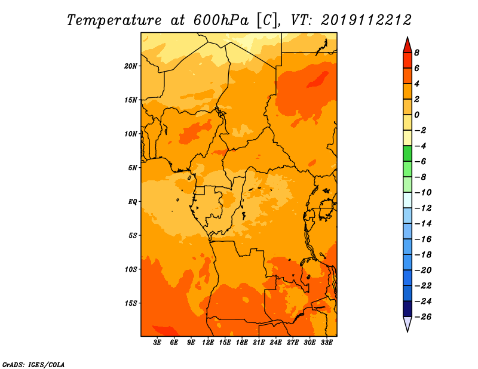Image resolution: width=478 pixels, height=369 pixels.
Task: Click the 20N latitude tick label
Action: (130, 66)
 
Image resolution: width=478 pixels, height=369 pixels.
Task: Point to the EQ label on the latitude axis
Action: (132, 202)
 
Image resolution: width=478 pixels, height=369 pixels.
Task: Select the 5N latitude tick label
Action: (133, 168)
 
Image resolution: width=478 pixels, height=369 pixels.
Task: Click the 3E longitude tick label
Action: (157, 342)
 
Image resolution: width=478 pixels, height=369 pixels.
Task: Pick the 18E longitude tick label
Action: (242, 342)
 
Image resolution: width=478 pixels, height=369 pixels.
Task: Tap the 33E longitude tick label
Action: (326, 342)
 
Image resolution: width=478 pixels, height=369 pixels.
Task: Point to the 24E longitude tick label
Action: (275, 342)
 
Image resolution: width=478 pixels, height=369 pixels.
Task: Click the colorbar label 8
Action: (416, 53)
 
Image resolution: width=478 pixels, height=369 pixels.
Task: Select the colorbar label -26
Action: (423, 317)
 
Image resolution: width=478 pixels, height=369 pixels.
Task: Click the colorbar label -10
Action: (423, 193)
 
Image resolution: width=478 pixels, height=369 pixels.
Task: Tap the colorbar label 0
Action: (416, 115)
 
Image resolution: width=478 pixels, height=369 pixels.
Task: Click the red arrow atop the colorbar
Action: (407, 45)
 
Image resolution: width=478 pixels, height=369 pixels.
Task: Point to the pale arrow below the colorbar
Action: (407, 324)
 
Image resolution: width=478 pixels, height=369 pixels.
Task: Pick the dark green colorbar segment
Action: (407, 153)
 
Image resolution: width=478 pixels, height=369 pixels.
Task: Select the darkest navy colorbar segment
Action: (407, 309)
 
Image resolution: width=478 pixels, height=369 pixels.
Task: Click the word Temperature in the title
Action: (114, 20)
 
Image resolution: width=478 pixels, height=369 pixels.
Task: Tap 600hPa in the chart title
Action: (221, 20)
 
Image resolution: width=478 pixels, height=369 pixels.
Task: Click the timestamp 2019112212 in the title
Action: (366, 20)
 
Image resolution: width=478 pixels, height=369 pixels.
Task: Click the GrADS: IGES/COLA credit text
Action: (33, 365)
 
